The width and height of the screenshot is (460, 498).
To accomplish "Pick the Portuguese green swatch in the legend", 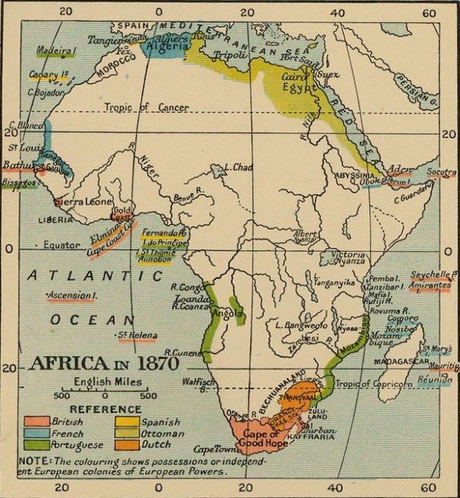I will click(36, 445).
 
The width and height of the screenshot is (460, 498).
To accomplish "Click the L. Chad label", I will click(238, 168).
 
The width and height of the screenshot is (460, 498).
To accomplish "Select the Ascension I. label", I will click(70, 296).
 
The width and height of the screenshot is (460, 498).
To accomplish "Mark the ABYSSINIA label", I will click(353, 176).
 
